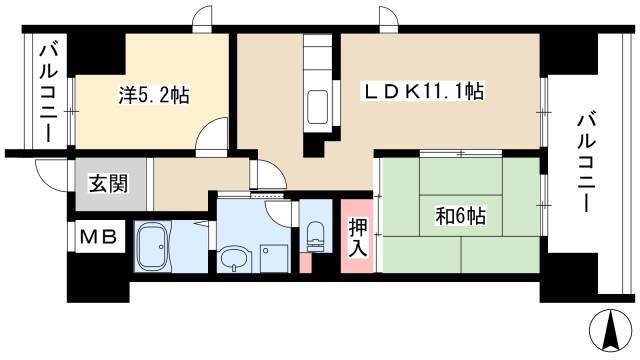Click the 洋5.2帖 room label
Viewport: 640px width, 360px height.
154,96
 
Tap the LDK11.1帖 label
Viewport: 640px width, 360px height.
424,92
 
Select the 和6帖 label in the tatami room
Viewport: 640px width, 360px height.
461,216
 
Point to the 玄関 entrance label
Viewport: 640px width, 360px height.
109,183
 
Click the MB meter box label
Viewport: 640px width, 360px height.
98,237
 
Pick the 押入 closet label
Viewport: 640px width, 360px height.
358,238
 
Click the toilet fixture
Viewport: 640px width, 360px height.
315,236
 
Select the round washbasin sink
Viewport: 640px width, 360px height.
233,258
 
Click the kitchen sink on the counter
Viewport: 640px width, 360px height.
318,107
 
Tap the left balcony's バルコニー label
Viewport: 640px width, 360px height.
48,93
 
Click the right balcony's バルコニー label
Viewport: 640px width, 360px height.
587,163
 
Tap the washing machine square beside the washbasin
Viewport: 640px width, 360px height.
275,258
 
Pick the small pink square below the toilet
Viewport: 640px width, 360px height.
305,263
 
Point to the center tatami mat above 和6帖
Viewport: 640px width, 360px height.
461,176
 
